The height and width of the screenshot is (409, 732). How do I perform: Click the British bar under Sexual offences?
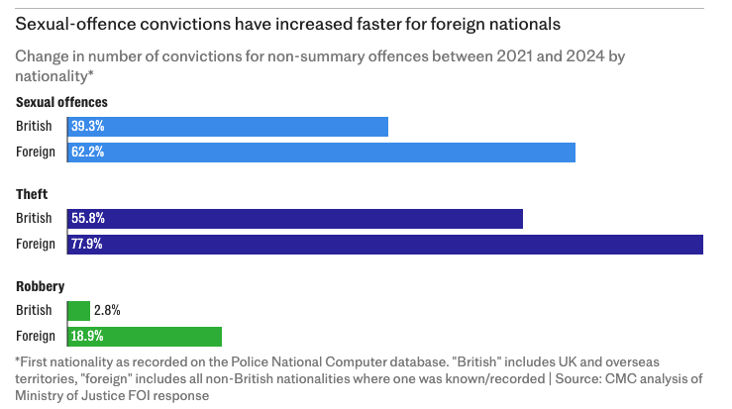pyautogui.click(x=228, y=127)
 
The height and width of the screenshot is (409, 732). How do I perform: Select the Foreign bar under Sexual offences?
pyautogui.click(x=322, y=153)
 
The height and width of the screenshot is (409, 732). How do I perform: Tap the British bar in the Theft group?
pyautogui.click(x=295, y=219)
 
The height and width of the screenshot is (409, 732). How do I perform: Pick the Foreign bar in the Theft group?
pyautogui.click(x=385, y=245)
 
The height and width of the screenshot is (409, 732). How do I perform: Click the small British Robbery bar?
pyautogui.click(x=78, y=311)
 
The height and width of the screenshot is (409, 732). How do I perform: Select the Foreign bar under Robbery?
pyautogui.click(x=145, y=337)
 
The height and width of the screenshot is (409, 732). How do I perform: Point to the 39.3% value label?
pyautogui.click(x=87, y=127)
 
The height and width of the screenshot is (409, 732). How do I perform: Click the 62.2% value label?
pyautogui.click(x=87, y=153)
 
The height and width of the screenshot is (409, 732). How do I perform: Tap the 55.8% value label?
pyautogui.click(x=87, y=219)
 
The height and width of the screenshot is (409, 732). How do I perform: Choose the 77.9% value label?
pyautogui.click(x=87, y=245)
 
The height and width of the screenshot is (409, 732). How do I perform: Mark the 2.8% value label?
pyautogui.click(x=108, y=311)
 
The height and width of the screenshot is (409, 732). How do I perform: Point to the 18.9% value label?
pyautogui.click(x=87, y=337)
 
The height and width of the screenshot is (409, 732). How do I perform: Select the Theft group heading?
pyautogui.click(x=33, y=194)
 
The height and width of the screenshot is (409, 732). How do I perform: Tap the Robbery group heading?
pyautogui.click(x=41, y=286)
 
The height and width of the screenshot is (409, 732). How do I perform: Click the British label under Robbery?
pyautogui.click(x=34, y=311)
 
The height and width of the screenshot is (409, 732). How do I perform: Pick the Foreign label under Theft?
pyautogui.click(x=36, y=245)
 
